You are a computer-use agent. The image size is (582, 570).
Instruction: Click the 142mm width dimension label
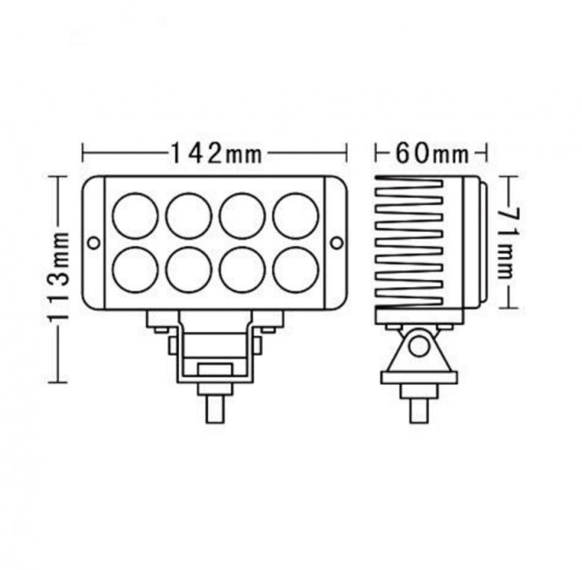point(215,153)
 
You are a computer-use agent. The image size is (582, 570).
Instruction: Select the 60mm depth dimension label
point(432,153)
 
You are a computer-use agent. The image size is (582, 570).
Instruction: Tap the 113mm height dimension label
point(59,276)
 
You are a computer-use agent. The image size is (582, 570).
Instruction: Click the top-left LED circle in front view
point(135,216)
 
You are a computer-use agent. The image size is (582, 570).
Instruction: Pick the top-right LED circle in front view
point(295,216)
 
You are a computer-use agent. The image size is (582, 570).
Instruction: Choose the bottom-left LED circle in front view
point(135,269)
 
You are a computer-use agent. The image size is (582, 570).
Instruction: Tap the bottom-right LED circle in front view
point(295,269)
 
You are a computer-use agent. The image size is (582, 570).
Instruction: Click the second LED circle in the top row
point(189,216)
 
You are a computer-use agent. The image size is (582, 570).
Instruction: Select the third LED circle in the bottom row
point(242,269)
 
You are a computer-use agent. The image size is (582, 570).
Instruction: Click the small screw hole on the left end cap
point(93,243)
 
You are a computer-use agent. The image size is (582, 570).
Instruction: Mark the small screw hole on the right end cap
point(336,243)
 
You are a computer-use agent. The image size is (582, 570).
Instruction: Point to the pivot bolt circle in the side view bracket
point(419,346)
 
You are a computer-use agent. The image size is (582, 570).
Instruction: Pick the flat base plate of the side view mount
point(419,377)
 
